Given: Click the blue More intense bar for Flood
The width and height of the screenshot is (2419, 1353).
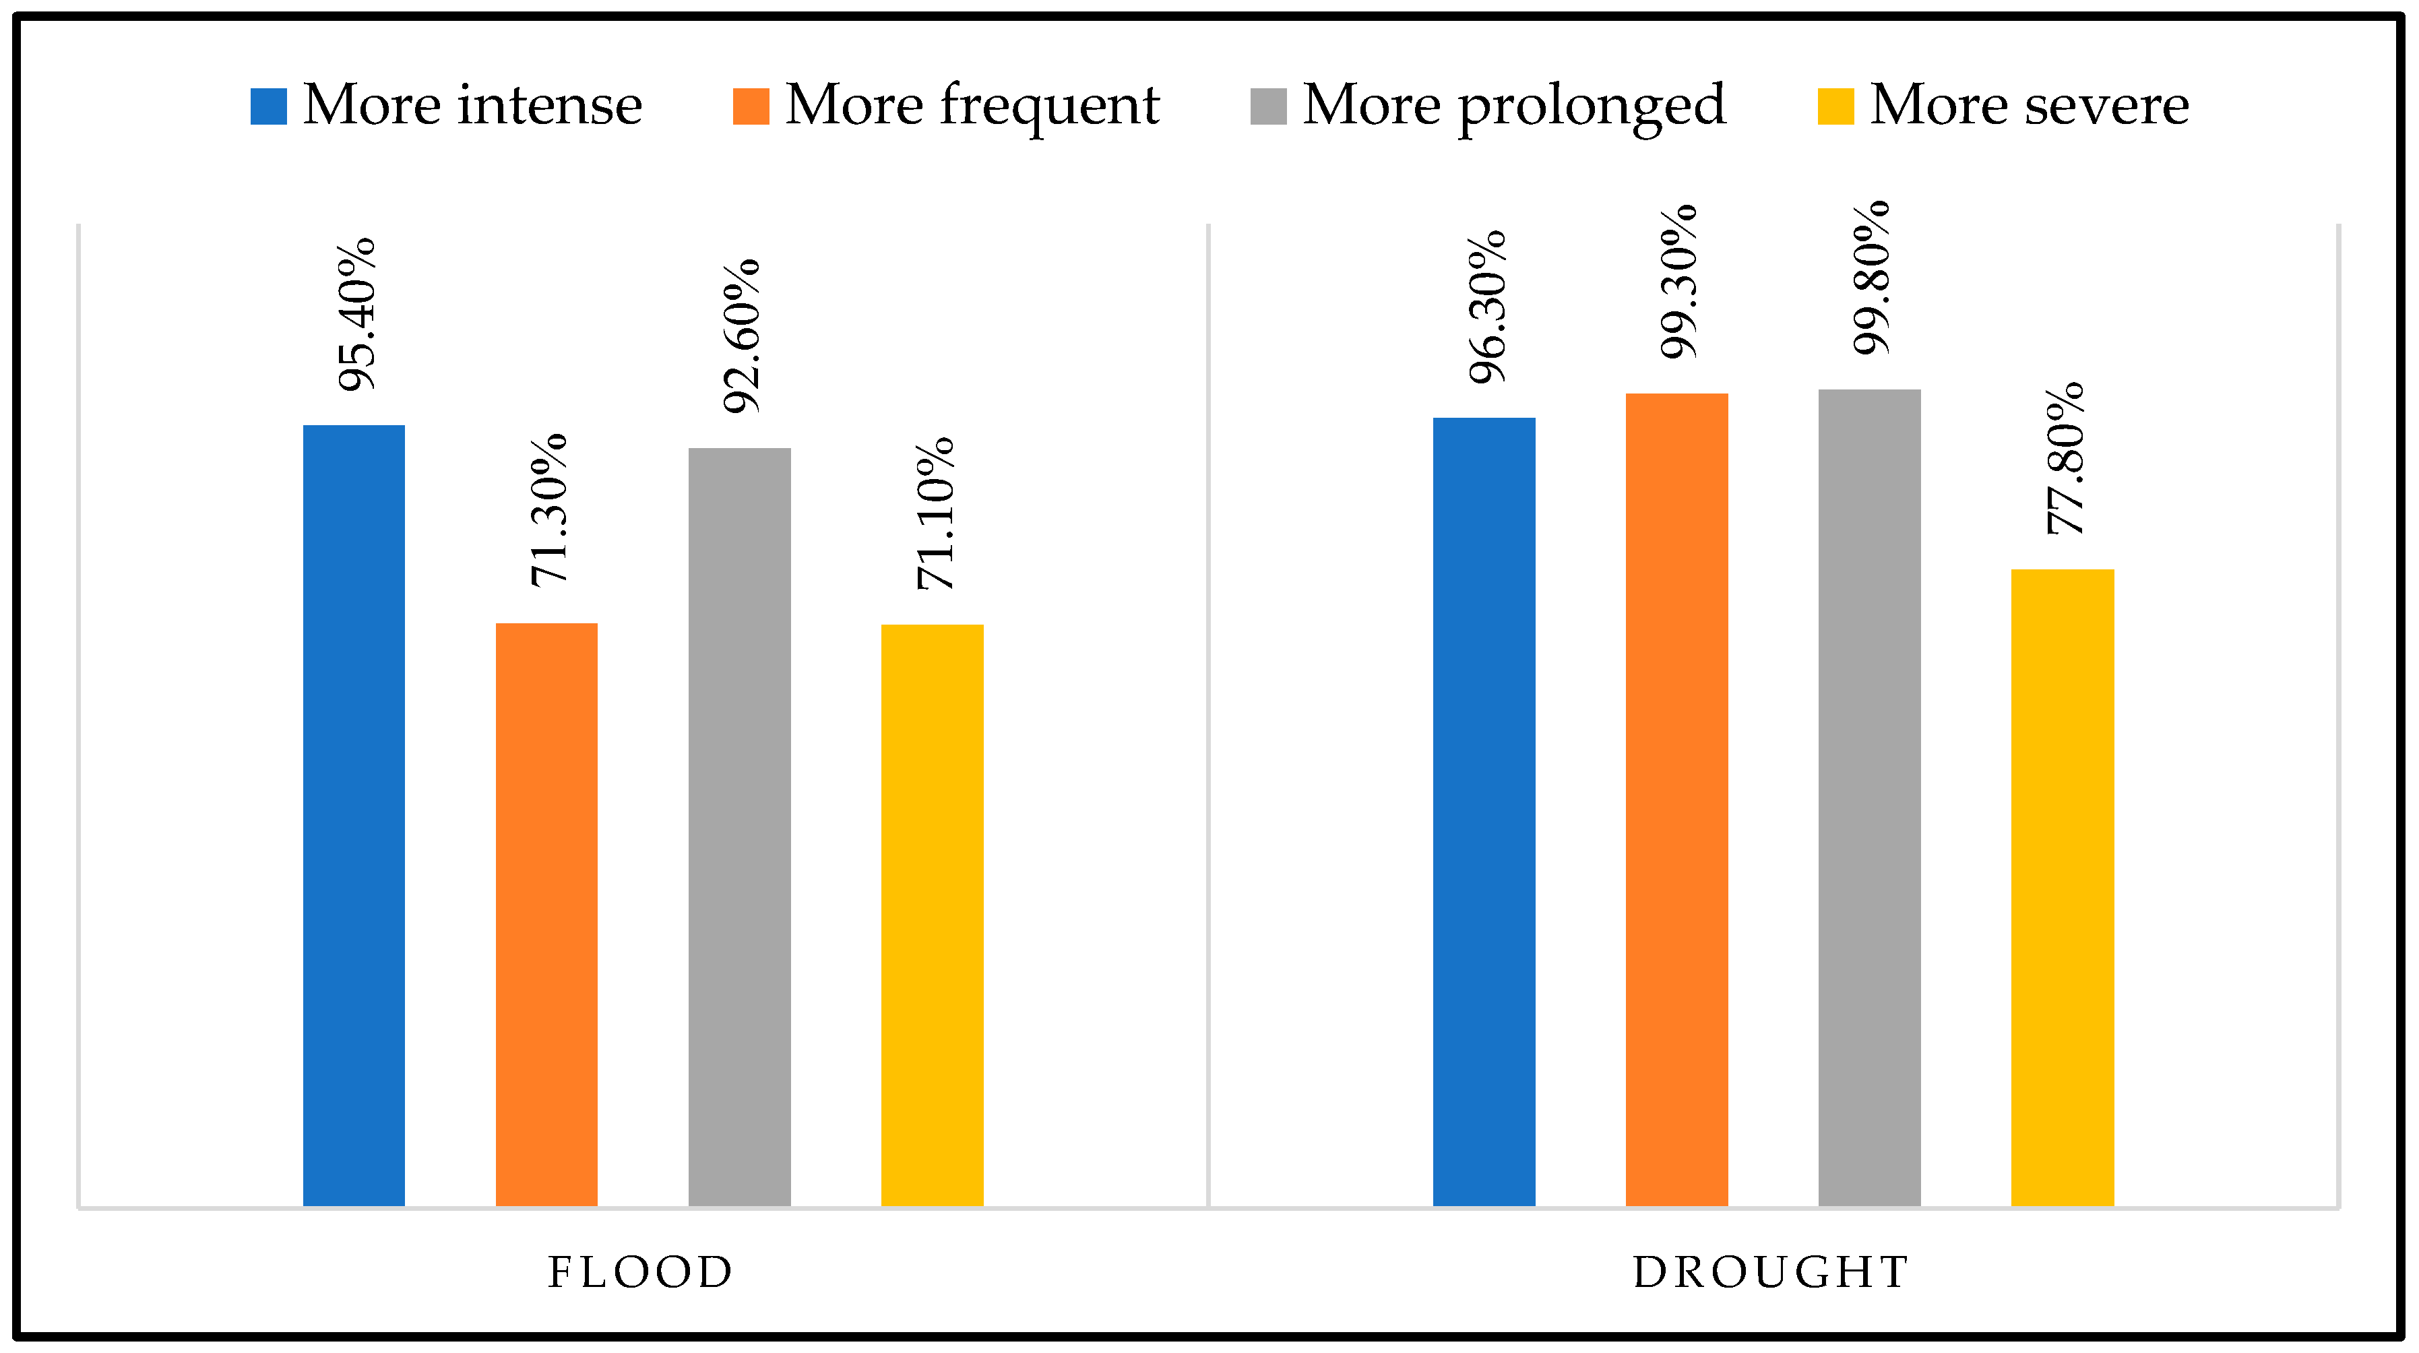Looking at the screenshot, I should [353, 815].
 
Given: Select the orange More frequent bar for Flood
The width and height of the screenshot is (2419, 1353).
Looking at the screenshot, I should [546, 914].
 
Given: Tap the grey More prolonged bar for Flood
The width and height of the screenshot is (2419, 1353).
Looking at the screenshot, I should [739, 826].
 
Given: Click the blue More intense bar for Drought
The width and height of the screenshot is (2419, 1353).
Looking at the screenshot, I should [1484, 811].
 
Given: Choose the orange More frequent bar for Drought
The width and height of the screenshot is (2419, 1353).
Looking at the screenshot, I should [1676, 799].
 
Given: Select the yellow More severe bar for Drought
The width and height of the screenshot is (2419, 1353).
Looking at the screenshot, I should [2062, 887].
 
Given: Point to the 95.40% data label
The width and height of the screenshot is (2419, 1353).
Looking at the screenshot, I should [357, 315].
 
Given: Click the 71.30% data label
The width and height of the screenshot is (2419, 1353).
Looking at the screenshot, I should [549, 511].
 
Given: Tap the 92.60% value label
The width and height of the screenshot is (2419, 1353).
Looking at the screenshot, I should [742, 336].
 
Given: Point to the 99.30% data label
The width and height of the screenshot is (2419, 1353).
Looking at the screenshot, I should [1679, 282].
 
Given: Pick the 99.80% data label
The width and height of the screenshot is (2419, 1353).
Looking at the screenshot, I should [1872, 278].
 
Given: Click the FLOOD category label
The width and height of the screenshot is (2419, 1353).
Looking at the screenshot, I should [640, 1273].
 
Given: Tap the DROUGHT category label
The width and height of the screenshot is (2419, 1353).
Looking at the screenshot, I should [1771, 1273].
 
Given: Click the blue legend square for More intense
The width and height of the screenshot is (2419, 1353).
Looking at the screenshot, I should [269, 106].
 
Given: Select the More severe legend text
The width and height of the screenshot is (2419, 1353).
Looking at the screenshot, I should [2028, 104].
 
